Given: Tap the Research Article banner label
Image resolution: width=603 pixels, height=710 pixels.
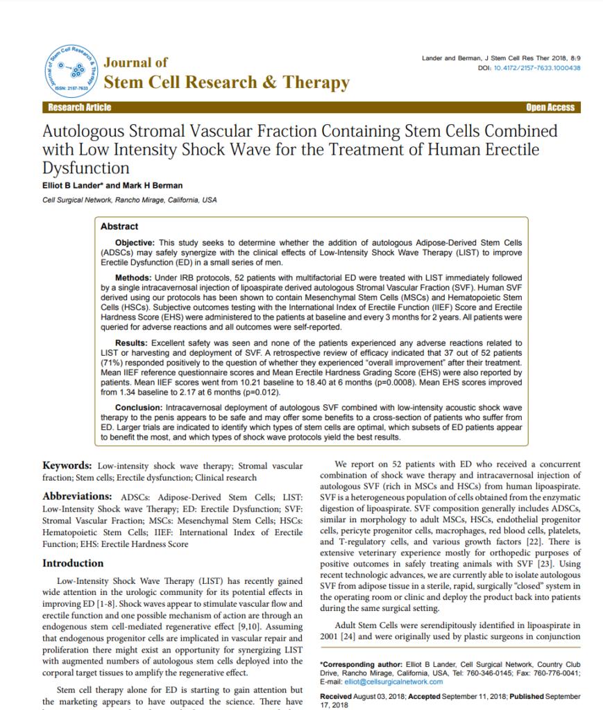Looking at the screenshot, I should pyautogui.click(x=79, y=107).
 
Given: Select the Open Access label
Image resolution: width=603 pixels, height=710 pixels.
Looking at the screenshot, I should pyautogui.click(x=550, y=107).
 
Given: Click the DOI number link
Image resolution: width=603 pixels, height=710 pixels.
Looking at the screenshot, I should pyautogui.click(x=537, y=68).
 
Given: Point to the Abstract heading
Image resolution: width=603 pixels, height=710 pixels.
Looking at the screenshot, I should pyautogui.click(x=119, y=227).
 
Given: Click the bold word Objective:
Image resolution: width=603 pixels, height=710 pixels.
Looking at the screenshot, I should pyautogui.click(x=135, y=243).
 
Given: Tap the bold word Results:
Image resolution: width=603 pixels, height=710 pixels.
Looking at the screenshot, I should pyautogui.click(x=131, y=343).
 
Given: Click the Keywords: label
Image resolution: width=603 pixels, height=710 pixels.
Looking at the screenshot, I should pyautogui.click(x=67, y=466).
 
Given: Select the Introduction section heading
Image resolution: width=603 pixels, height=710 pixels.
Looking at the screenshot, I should pyautogui.click(x=83, y=564).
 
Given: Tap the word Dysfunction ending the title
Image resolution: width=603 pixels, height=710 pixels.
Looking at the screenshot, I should pyautogui.click(x=86, y=168).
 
